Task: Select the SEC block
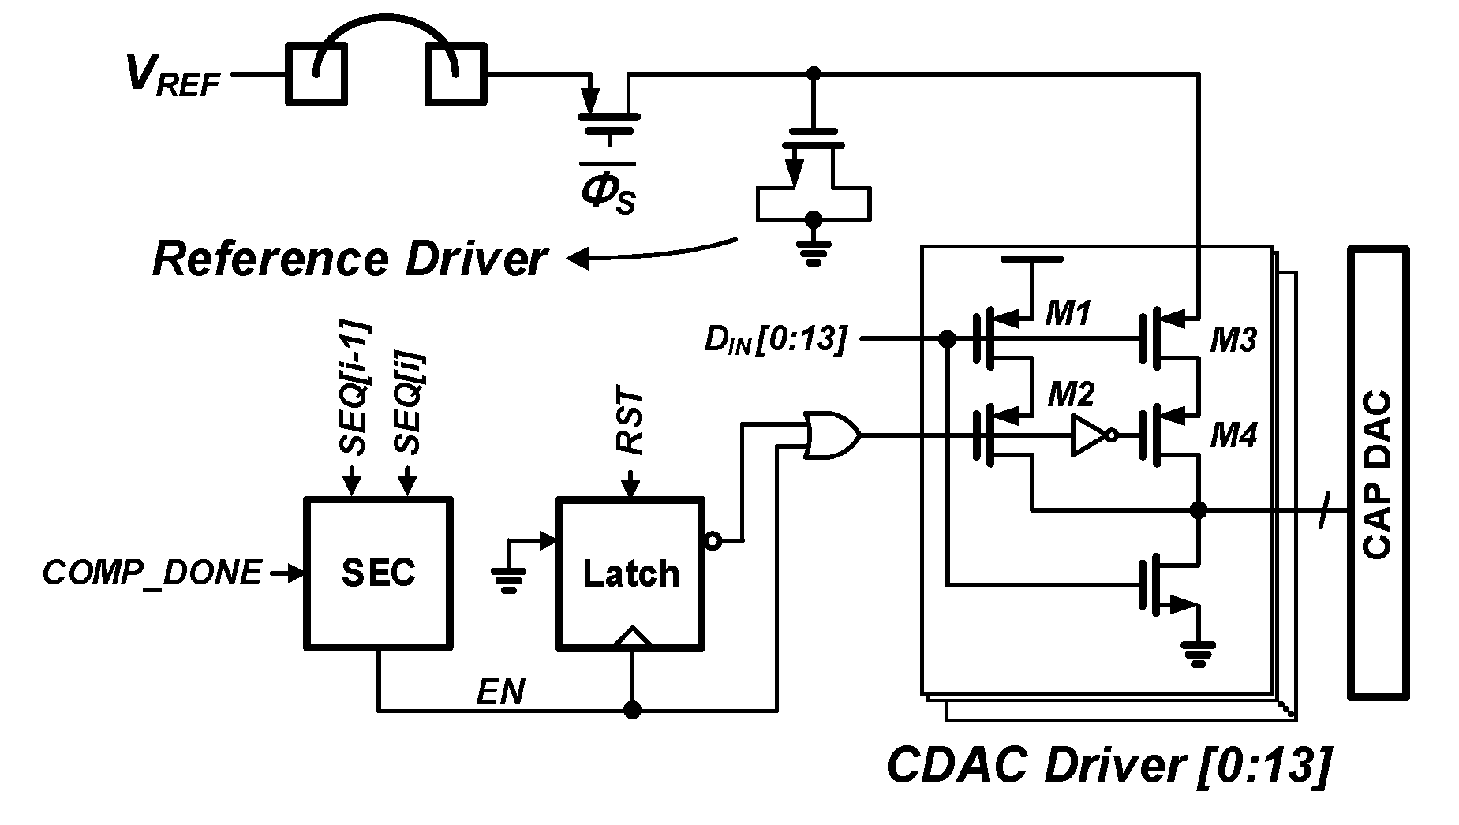pyautogui.click(x=379, y=573)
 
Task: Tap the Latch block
pyautogui.click(x=630, y=573)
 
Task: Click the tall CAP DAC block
pyautogui.click(x=1378, y=473)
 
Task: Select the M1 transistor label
pyautogui.click(x=1068, y=314)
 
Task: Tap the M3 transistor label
pyautogui.click(x=1233, y=340)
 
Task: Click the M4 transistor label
pyautogui.click(x=1233, y=435)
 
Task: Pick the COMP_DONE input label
pyautogui.click(x=152, y=573)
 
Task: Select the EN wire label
pyautogui.click(x=500, y=692)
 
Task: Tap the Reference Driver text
pyautogui.click(x=350, y=259)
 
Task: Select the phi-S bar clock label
pyautogui.click(x=608, y=189)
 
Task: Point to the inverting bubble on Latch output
pyautogui.click(x=712, y=541)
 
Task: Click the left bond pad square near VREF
pyautogui.click(x=315, y=74)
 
